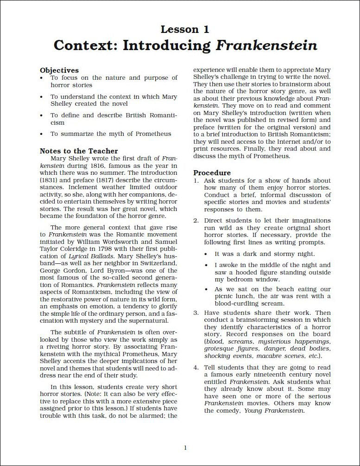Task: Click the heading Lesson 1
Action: click(x=185, y=30)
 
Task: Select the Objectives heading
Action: click(x=59, y=70)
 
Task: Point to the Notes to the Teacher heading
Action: click(x=79, y=151)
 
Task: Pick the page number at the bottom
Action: click(x=185, y=447)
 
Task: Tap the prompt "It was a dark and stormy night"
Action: click(x=265, y=254)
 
